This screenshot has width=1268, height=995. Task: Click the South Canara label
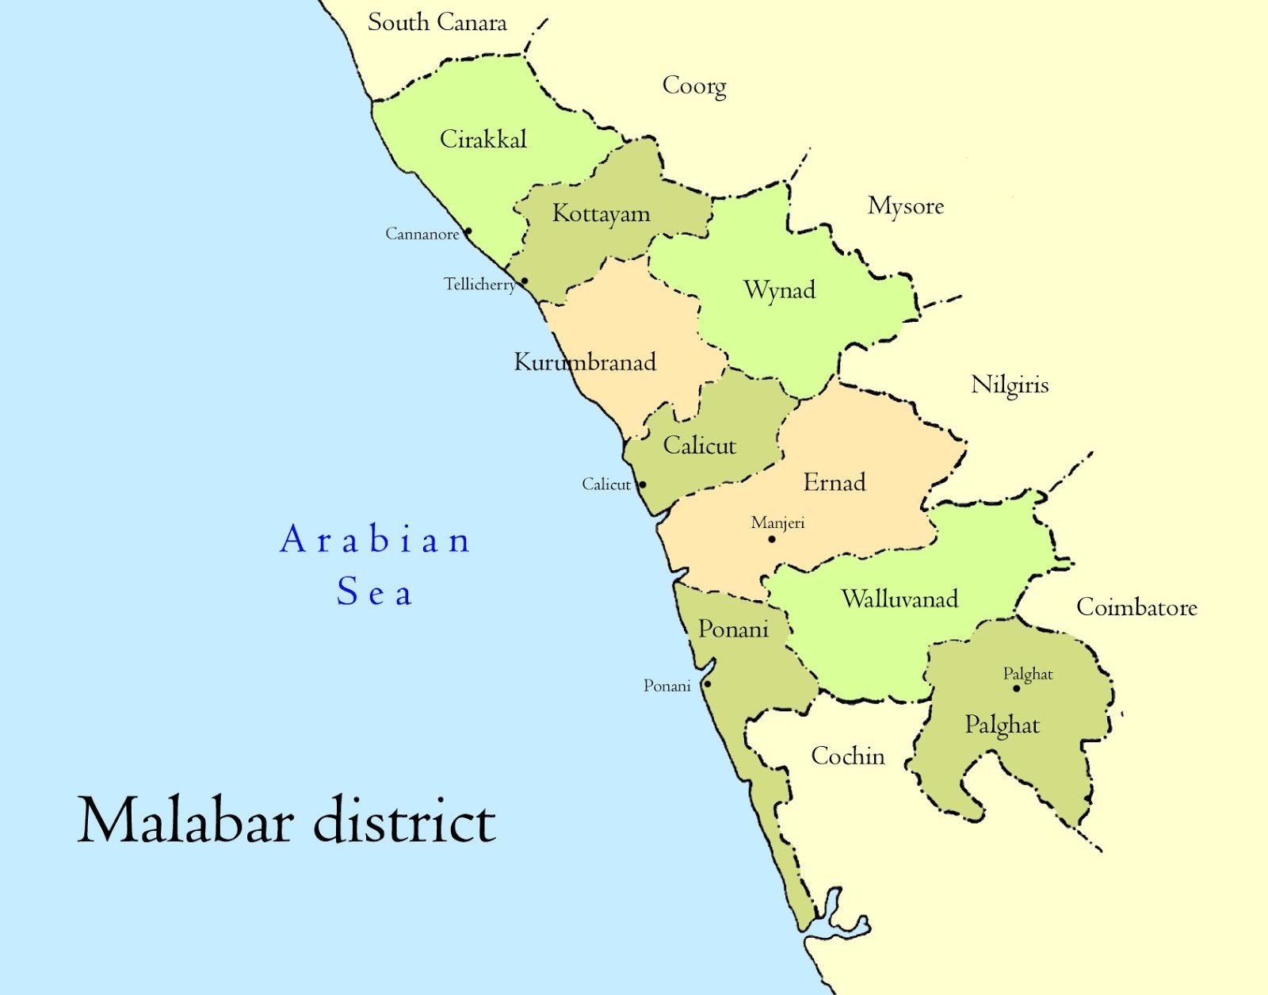click(437, 22)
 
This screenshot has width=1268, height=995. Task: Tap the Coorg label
click(694, 86)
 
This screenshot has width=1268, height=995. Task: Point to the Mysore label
click(906, 206)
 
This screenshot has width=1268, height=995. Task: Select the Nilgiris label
click(1010, 385)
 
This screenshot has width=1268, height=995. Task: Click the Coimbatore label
click(1136, 607)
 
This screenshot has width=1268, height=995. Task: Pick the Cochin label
click(847, 756)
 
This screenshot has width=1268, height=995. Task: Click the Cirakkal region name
click(483, 140)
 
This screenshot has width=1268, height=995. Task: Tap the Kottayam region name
click(602, 214)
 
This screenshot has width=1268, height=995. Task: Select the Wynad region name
click(779, 290)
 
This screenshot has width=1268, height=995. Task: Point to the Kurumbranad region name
click(585, 362)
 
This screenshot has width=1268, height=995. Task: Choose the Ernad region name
click(835, 482)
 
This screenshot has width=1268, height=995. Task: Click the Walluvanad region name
click(899, 599)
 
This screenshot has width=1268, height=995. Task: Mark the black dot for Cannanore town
click(468, 232)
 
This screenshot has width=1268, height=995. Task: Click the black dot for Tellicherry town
click(524, 281)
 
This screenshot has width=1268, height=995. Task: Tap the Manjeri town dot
click(772, 539)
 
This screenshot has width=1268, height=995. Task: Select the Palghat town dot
click(1017, 688)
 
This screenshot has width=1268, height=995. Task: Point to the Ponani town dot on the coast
click(708, 684)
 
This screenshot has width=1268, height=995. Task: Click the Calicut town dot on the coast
click(643, 484)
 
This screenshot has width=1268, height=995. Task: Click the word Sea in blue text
click(374, 592)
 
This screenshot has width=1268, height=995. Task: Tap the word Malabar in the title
click(187, 821)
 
